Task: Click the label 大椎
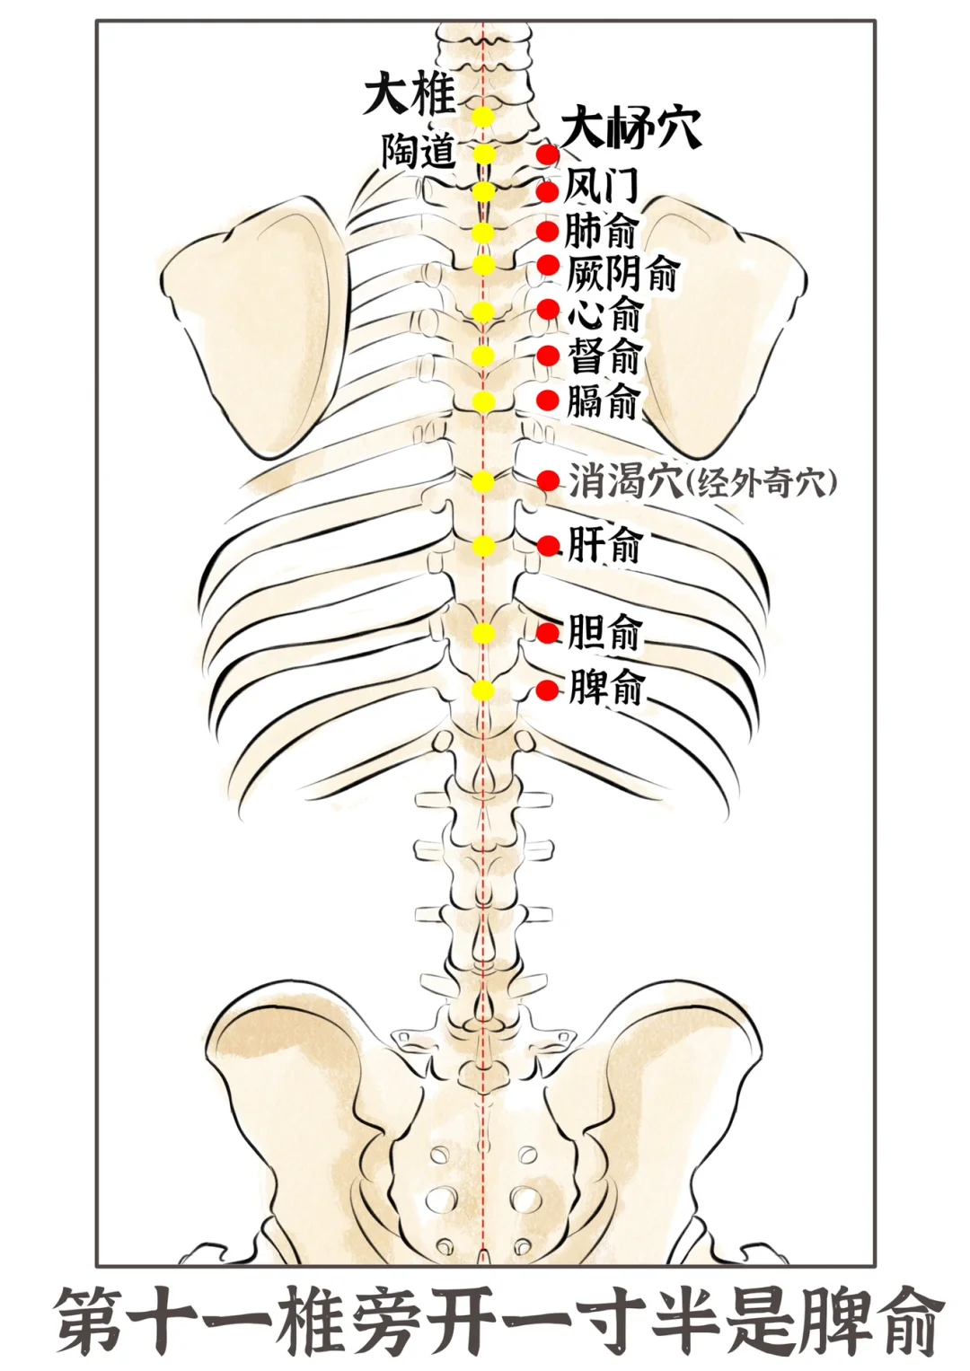(x=409, y=94)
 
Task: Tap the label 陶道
(x=419, y=151)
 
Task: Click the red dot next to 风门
(x=548, y=191)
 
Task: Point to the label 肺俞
(x=601, y=231)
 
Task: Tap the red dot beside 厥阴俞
(x=548, y=266)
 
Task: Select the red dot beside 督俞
(x=548, y=356)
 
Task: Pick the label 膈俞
(x=603, y=400)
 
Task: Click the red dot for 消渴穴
(x=548, y=481)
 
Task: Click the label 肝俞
(x=604, y=544)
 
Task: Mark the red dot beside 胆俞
(x=548, y=633)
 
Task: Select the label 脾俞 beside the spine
(x=606, y=690)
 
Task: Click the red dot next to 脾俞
(x=548, y=690)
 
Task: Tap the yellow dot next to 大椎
(x=483, y=117)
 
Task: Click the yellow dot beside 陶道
(x=484, y=154)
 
